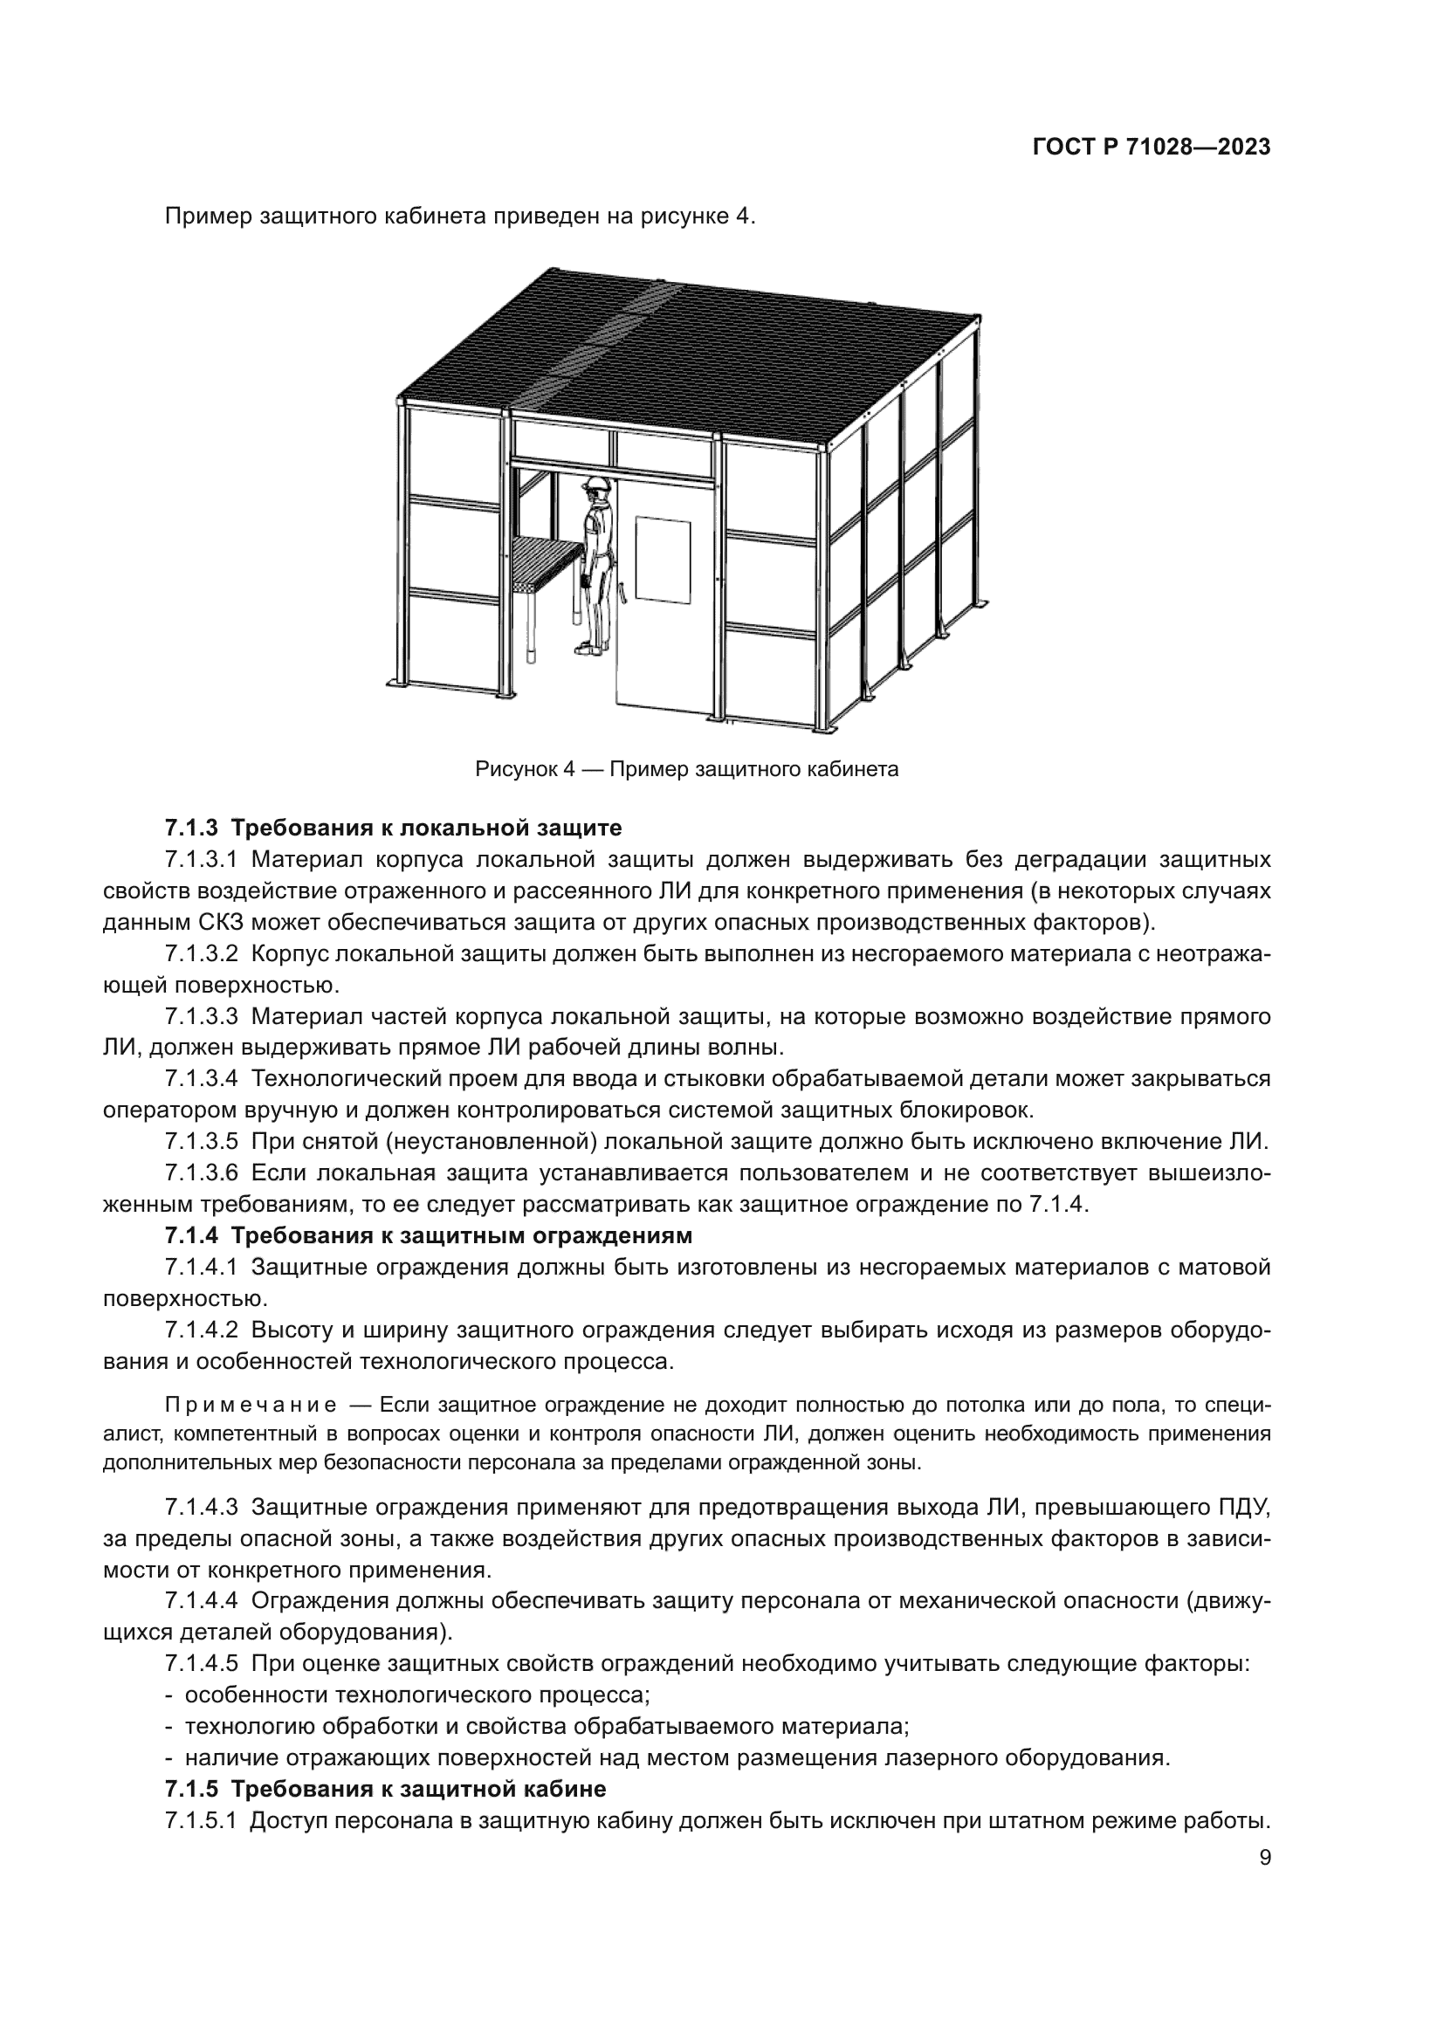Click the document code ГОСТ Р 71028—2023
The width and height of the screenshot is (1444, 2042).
pos(1152,148)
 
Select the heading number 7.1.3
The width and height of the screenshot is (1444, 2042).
pos(190,828)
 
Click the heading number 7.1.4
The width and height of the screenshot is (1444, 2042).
pos(190,1235)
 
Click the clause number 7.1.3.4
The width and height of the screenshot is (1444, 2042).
pos(201,1079)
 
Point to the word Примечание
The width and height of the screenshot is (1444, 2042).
pos(251,1406)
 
